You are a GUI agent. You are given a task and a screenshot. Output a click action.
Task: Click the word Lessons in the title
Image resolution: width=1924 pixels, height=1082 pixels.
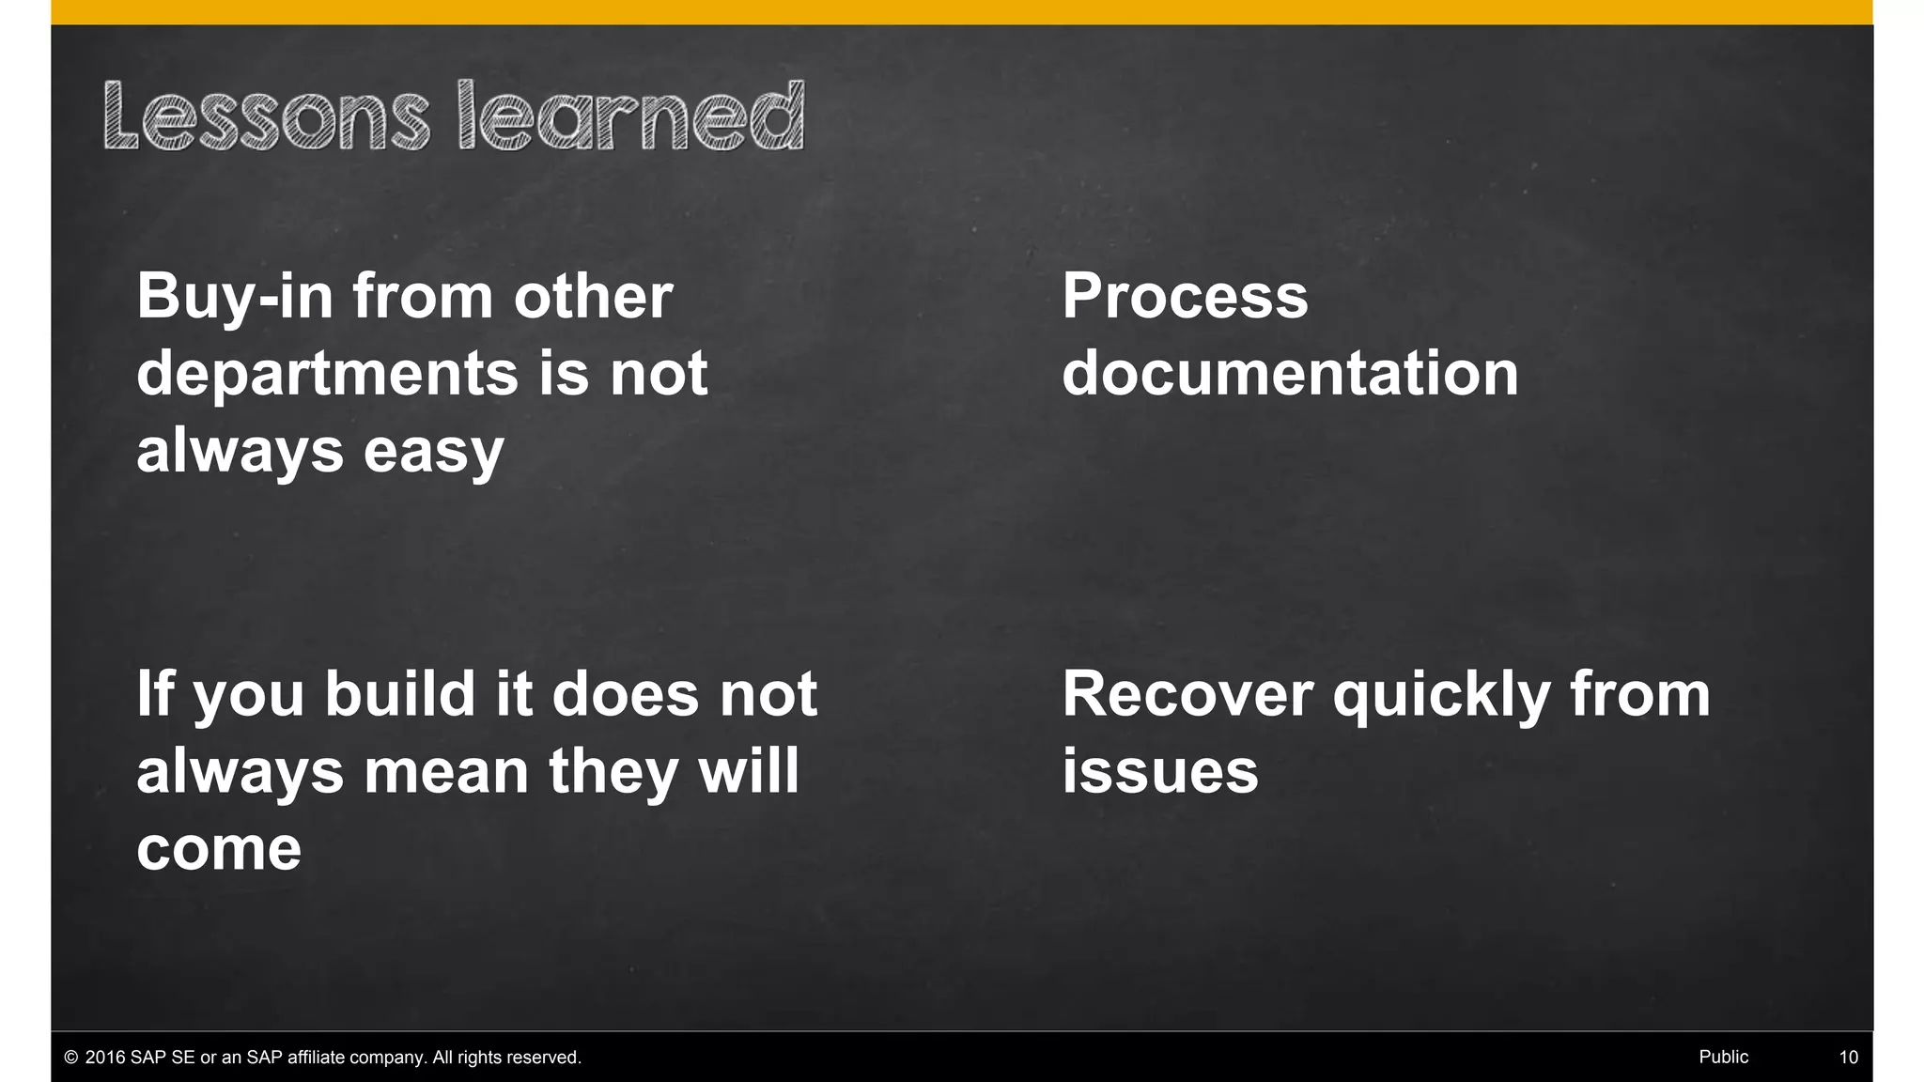point(266,117)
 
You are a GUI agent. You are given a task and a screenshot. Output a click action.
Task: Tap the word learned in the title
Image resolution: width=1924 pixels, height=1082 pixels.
point(631,117)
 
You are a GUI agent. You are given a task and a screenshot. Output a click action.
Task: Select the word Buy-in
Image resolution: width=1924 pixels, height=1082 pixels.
point(235,298)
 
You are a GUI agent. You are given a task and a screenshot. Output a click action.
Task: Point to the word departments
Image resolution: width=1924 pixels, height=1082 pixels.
point(327,375)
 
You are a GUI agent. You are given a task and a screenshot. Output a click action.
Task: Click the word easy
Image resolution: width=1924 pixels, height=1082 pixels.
point(433,452)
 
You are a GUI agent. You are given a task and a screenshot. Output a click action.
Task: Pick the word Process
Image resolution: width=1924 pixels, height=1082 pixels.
point(1185,298)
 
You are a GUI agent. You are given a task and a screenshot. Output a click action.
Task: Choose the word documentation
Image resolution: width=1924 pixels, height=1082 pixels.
point(1290,374)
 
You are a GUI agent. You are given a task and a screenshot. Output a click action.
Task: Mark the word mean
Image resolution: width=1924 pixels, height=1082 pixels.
point(446,772)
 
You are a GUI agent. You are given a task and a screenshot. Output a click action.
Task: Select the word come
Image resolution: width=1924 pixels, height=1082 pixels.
point(219,850)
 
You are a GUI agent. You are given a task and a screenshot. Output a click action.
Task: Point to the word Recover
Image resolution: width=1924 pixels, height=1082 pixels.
point(1187,696)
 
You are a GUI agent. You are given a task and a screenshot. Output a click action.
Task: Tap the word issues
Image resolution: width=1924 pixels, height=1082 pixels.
point(1160,772)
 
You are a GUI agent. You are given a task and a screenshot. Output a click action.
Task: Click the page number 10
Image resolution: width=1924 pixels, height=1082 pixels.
point(1848,1058)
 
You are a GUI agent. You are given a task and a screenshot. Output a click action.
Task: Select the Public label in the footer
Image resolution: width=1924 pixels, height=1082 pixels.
point(1723,1058)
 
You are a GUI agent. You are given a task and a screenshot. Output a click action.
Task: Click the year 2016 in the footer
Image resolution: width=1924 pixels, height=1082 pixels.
point(105,1058)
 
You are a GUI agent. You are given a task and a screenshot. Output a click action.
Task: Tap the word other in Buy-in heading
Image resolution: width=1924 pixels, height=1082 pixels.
point(593,298)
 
